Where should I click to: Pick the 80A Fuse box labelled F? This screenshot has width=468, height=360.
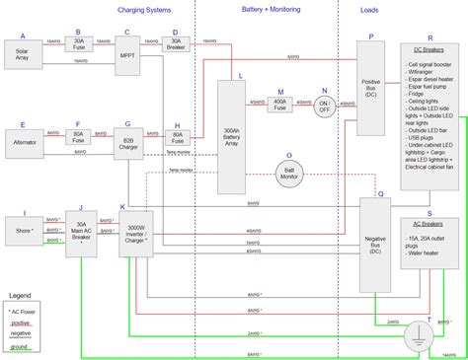coord(79,139)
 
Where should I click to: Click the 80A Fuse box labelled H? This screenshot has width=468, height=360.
coord(178,139)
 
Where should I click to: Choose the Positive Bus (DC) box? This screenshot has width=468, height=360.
coord(371,90)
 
